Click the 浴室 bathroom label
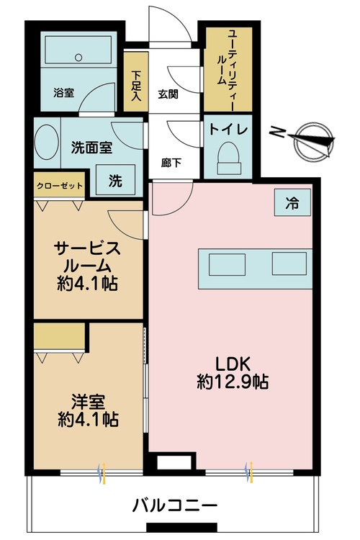(x=63, y=93)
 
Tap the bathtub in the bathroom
(x=78, y=52)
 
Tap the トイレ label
(x=228, y=130)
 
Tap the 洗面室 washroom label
(x=91, y=148)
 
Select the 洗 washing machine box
(x=115, y=181)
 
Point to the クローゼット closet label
(x=60, y=186)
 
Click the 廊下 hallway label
(x=170, y=162)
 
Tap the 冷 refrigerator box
(x=292, y=203)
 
